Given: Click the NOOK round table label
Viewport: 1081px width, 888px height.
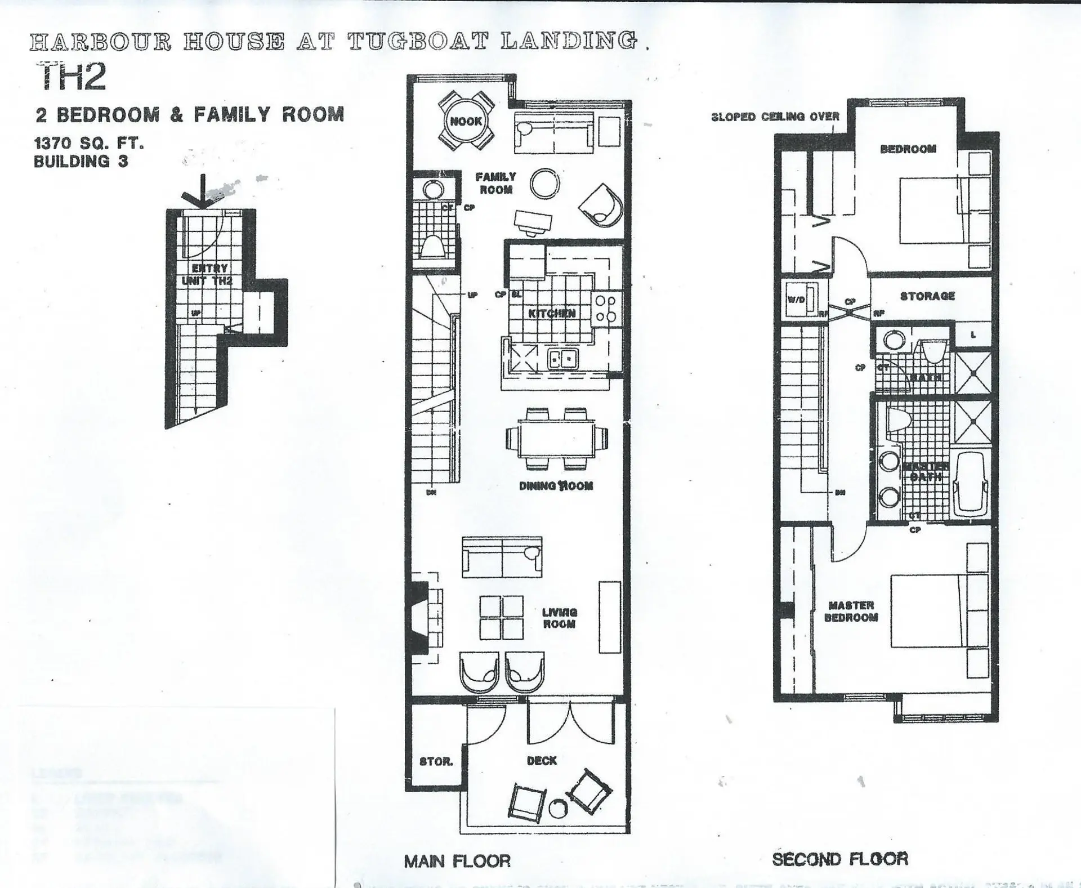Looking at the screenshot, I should click(466, 121).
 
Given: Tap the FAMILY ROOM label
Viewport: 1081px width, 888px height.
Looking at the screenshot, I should click(495, 183).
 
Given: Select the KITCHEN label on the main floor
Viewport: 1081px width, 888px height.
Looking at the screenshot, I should click(552, 314).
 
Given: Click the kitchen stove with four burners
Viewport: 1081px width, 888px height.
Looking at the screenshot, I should click(606, 309).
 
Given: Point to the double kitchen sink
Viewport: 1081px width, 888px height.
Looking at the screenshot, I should click(562, 359).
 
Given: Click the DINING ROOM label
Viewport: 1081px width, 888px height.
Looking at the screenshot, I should click(556, 486).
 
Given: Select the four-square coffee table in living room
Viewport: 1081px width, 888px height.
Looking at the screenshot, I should click(501, 618).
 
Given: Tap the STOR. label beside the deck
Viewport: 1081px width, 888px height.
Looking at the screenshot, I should click(436, 762).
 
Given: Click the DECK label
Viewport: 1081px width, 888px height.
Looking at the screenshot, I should click(542, 761).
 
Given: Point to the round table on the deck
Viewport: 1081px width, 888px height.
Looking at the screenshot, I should click(559, 809).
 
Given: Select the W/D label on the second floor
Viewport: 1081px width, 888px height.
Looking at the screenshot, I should click(796, 300).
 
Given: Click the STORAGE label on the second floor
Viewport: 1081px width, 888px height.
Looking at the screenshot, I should click(927, 296).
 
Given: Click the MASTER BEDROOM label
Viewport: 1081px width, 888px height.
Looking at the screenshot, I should click(851, 612).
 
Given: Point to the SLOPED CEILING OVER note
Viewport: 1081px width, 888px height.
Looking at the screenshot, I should click(775, 117).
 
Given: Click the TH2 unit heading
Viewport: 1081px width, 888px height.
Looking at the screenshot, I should click(72, 77).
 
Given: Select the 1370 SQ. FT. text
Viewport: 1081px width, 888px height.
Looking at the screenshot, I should click(89, 143).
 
